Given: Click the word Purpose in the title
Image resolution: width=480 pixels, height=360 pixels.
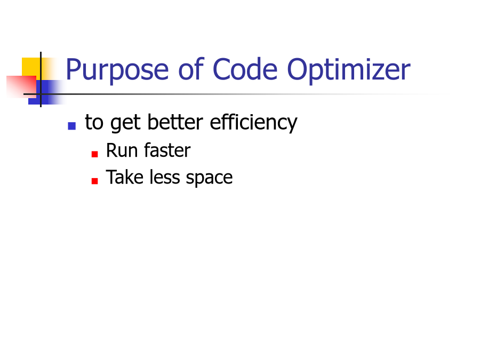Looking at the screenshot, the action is point(117,70).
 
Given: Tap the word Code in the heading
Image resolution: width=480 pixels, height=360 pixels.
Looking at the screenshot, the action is point(245,69).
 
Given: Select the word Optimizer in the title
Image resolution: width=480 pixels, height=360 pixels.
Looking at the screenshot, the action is point(349,70).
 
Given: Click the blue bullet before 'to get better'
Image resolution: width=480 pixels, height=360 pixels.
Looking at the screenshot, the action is point(72,126).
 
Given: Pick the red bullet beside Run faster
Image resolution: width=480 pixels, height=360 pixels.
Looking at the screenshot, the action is point(94,154).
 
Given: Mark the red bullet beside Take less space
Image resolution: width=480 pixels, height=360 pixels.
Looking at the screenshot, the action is point(94,181).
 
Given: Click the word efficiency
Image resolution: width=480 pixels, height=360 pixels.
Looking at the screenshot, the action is point(253,123).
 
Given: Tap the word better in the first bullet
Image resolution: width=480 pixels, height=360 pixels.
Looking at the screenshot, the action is point(175,122).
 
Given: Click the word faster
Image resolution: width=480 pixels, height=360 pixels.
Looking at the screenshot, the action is point(167,150).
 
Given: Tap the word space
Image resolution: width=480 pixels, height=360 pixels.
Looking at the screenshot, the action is point(210,179).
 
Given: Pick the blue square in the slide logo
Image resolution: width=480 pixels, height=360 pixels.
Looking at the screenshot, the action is point(46,92).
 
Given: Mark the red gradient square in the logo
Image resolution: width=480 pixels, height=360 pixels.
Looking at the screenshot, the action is point(21,87).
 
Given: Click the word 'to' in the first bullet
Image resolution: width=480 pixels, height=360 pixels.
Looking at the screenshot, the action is point(94,123).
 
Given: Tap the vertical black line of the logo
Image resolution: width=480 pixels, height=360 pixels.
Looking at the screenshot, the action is point(41,79).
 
